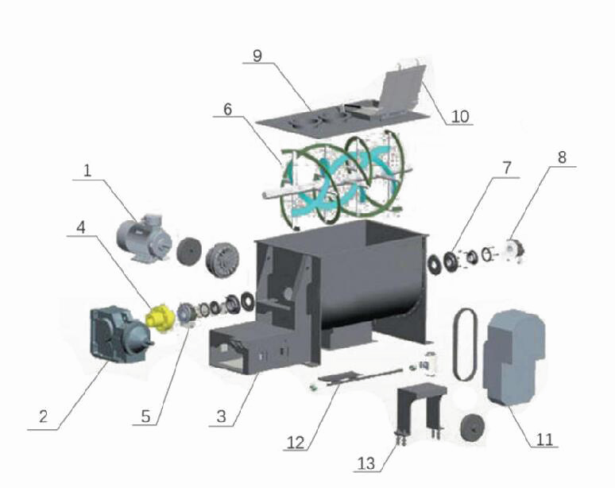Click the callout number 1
pos(87,171)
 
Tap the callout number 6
pos(228,109)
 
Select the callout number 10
pos(460,117)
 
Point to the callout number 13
pos(366,463)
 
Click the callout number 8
pos(562,157)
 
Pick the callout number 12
pos(296,443)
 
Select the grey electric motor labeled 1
pos(144,238)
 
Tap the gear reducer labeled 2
pos(120,335)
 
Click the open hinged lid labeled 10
pos(403,90)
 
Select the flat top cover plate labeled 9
pos(340,120)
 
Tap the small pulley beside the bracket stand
pos(474,428)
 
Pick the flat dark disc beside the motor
pos(189,251)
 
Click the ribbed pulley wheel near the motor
pos(222,260)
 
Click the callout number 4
pos(80,227)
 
